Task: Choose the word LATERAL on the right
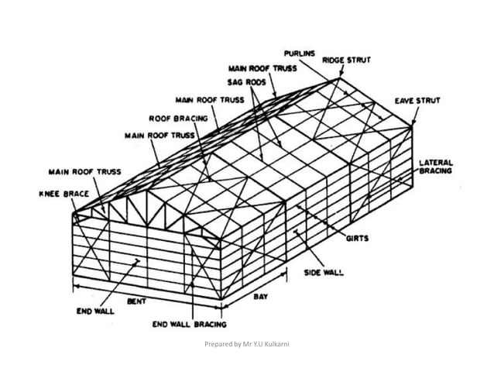click(x=436, y=163)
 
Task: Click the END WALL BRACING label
click(x=189, y=325)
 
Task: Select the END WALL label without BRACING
click(x=94, y=311)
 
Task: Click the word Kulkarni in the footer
click(x=283, y=342)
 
